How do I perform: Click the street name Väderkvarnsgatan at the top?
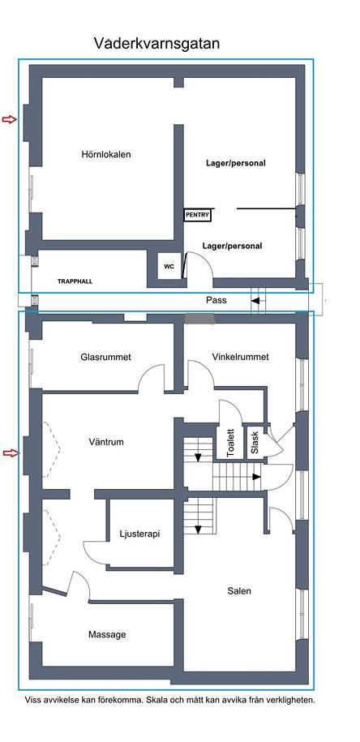[156, 44]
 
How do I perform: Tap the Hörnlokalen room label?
[106, 154]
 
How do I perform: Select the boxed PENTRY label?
[197, 215]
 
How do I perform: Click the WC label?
[169, 267]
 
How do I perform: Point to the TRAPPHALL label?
[75, 281]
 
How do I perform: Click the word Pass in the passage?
[216, 300]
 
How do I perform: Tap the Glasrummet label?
[105, 358]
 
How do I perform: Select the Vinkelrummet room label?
[240, 357]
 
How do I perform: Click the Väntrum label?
[106, 442]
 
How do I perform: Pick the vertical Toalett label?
[231, 443]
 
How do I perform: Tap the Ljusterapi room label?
[139, 534]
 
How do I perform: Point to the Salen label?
[239, 591]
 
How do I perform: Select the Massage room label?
[107, 635]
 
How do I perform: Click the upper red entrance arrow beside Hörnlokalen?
[10, 119]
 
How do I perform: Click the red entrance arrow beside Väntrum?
[11, 453]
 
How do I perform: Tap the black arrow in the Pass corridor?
[255, 301]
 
